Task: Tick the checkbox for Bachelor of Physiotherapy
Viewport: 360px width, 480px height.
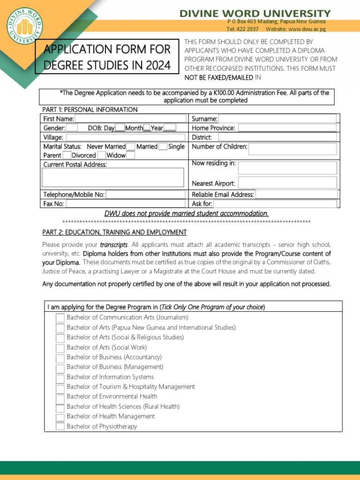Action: tap(60, 427)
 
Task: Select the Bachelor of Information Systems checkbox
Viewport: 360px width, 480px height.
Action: tap(60, 377)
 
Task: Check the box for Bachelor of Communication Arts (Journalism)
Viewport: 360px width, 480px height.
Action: tap(60, 318)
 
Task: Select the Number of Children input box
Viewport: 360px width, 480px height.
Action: tap(292, 149)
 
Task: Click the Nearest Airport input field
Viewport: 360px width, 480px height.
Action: tap(287, 183)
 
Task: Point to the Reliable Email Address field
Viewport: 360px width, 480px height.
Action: tap(296, 195)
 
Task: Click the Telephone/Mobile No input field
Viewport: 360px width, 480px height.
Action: tap(146, 195)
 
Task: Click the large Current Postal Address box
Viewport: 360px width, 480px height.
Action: tap(113, 178)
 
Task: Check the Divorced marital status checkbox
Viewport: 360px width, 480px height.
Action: tap(102, 155)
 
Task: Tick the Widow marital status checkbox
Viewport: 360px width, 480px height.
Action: tap(131, 155)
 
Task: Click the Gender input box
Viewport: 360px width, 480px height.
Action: tap(72, 128)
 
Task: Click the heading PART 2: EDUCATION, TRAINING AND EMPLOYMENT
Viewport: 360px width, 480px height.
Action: tap(114, 232)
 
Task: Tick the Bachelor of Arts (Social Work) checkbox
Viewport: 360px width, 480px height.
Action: tap(60, 348)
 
